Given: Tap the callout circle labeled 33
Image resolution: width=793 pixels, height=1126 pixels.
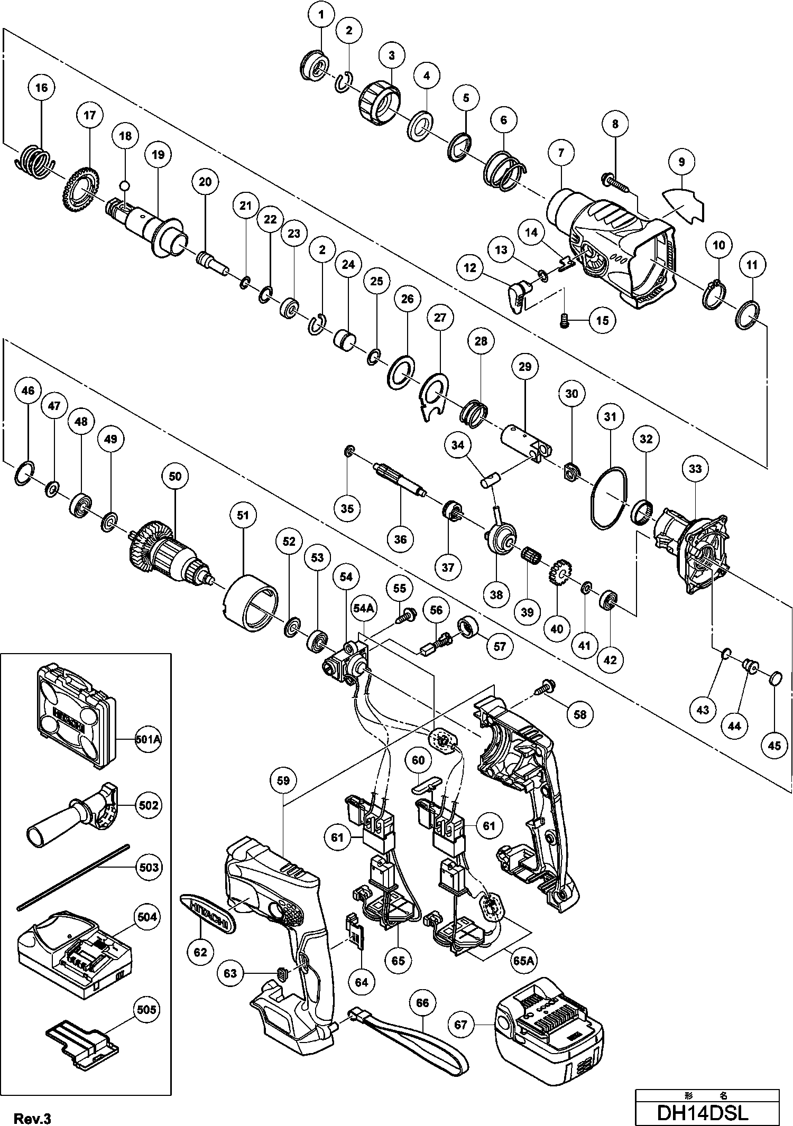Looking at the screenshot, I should (x=695, y=469).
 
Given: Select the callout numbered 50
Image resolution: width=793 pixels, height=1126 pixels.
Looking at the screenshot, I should (x=175, y=476).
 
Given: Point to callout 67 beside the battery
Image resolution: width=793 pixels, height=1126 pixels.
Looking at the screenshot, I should (x=461, y=1025).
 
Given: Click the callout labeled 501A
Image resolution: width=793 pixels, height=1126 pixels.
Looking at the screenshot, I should (x=147, y=740).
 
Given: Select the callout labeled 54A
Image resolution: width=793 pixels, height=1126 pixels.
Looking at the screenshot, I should (x=363, y=609).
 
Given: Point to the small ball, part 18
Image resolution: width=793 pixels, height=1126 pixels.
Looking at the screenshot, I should (x=125, y=185).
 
